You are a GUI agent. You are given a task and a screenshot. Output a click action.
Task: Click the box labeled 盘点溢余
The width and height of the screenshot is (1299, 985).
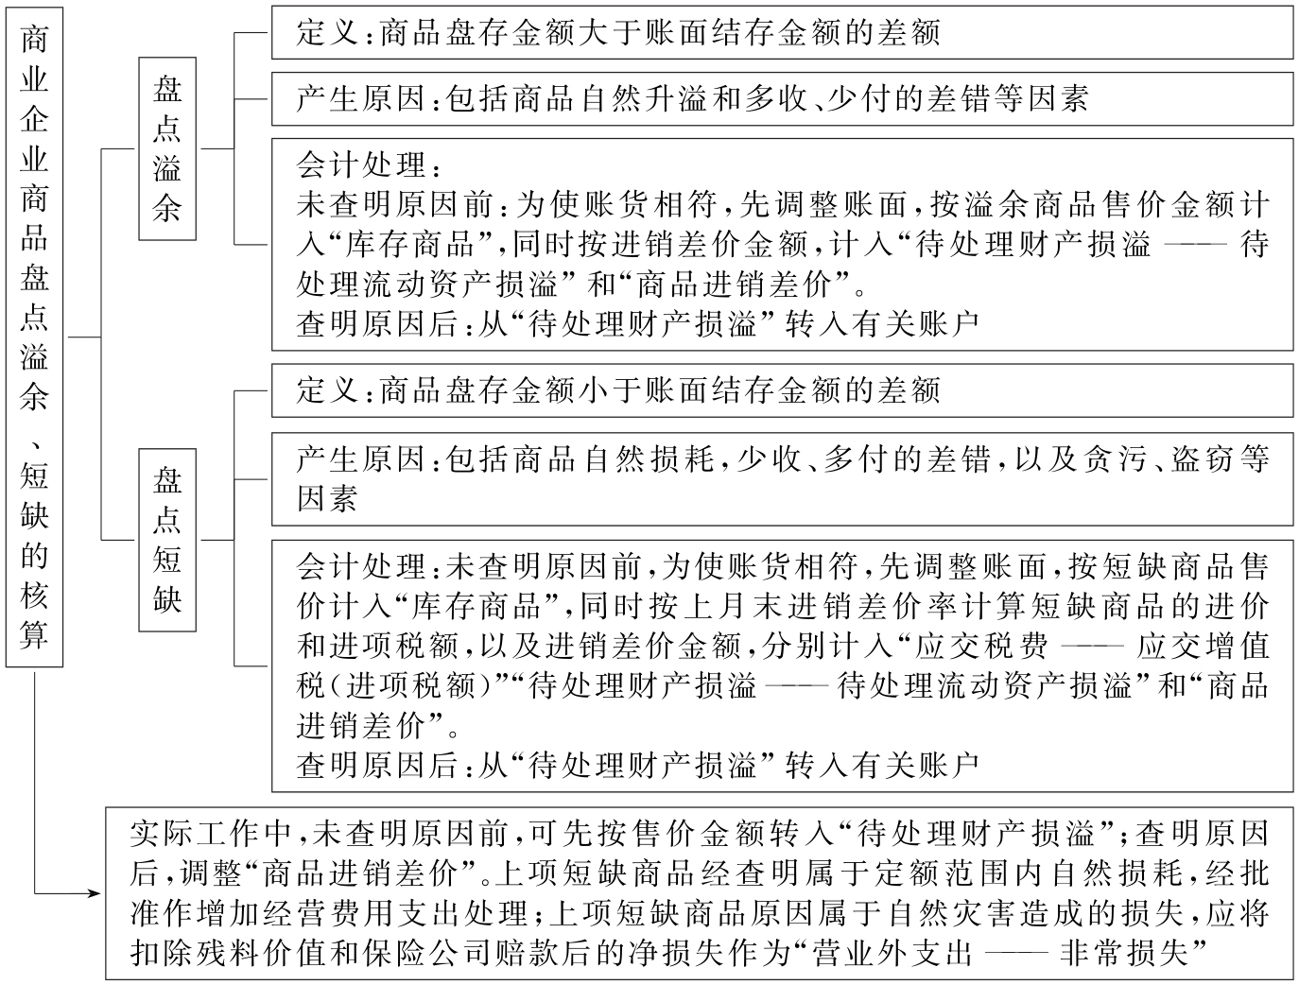tap(166, 148)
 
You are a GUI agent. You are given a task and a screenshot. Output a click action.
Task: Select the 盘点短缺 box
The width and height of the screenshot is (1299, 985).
tap(166, 540)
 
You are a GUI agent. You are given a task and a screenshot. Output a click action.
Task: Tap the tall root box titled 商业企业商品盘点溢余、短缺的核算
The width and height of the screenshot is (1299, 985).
tap(34, 340)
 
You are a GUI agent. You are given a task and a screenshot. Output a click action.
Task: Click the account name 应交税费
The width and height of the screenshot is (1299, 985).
tap(981, 646)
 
